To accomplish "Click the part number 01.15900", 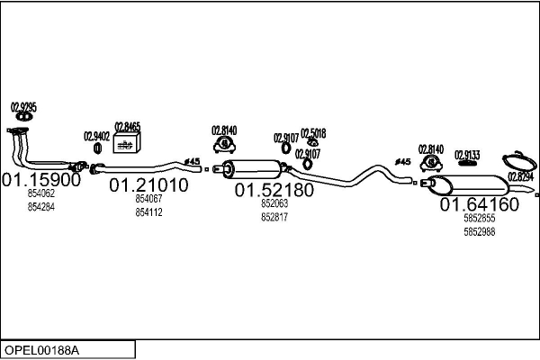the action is pos(41,180).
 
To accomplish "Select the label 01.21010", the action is pos(149,185).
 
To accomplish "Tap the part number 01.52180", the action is pos(274,191).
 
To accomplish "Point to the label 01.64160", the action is pos(479,204).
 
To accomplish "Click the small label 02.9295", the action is pos(23,107).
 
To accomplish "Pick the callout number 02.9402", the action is pos(97,136).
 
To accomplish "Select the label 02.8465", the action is pos(127,127).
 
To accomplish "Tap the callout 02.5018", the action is pos(313,132).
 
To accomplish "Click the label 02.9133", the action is pos(467,154).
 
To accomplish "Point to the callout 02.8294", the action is pos(520,177).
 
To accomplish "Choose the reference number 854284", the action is pos(41,207).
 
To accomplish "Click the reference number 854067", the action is pos(149,199).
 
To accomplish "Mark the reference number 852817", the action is pos(274,217).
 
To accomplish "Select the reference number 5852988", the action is pos(479,232).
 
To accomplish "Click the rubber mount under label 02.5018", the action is pos(312,143).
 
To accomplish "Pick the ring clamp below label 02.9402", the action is pos(97,148).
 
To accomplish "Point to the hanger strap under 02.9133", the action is pos(467,164).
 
